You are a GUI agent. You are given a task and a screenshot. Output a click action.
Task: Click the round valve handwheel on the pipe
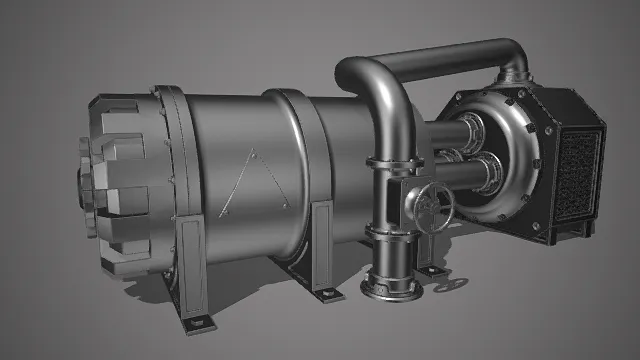coord(433,204)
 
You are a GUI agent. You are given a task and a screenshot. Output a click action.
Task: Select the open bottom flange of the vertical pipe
coord(387,285)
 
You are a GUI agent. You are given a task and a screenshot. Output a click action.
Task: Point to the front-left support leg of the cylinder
coord(193,265)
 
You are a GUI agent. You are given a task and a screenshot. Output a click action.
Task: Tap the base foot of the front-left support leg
coord(199,322)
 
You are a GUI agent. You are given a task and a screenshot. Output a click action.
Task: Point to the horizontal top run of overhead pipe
coord(440,57)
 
